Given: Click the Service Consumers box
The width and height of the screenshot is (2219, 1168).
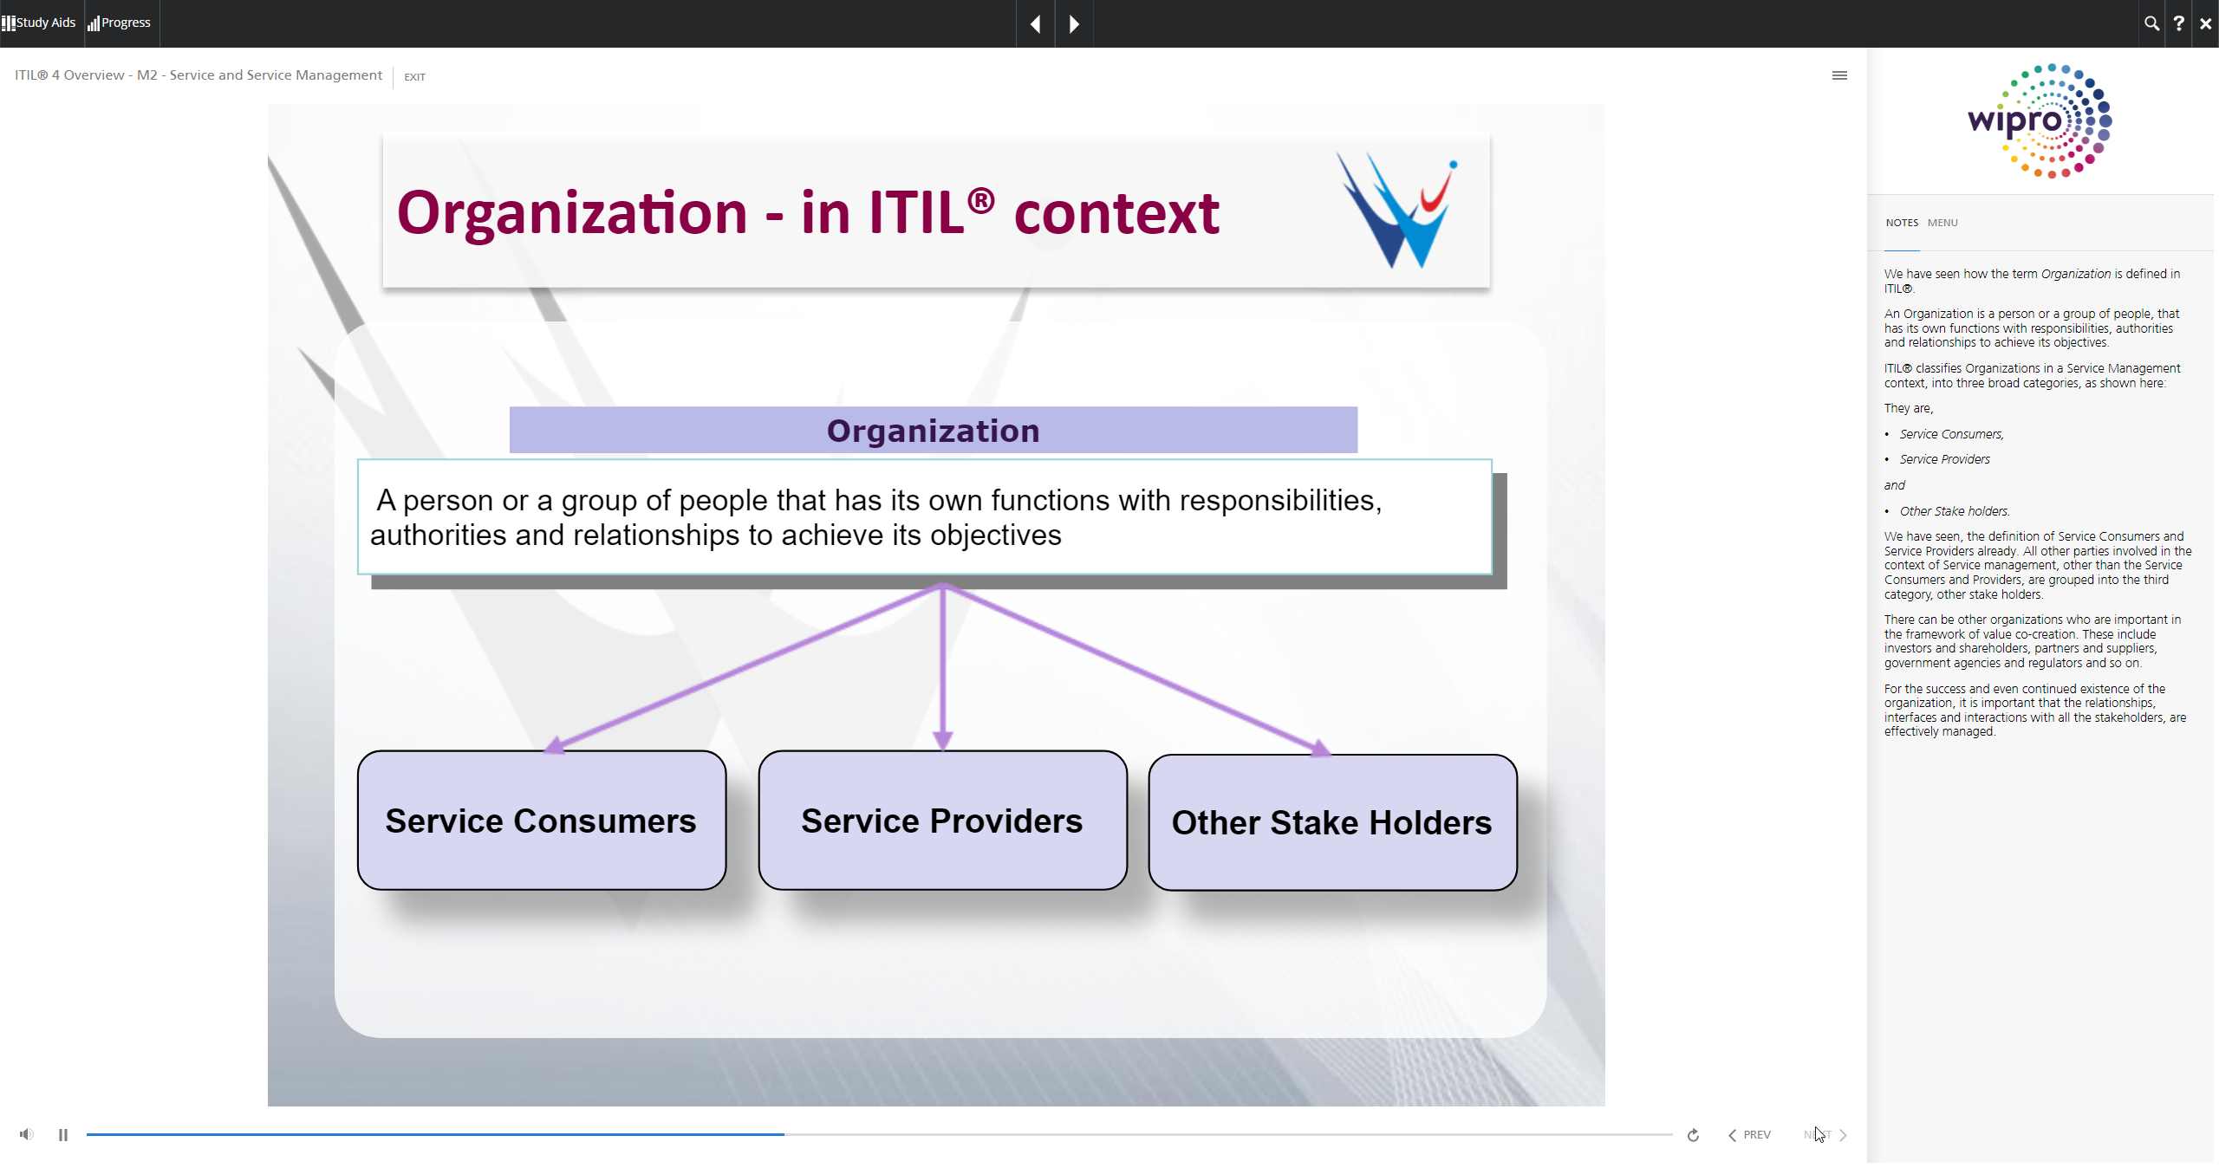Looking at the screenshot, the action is pos(542,820).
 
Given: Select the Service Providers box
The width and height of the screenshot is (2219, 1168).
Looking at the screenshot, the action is pos(942,820).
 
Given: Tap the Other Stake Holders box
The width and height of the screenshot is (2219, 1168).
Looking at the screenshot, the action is pos(1332,822).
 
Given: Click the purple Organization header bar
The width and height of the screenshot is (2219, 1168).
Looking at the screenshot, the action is pos(934,430).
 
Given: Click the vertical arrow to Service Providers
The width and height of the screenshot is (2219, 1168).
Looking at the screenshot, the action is pos(943,667).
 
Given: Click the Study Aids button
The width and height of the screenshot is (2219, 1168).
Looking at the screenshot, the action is pos(39,23).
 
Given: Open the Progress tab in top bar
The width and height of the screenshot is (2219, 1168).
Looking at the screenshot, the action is pos(120,23).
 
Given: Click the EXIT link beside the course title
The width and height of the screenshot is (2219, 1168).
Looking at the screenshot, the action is pos(415,77).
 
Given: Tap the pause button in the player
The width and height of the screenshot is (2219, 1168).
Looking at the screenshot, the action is pos(63,1135).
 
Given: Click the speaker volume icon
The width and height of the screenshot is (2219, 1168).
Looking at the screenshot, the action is pos(27,1134).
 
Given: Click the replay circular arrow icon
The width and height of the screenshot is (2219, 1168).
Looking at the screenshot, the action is pos(1693,1135).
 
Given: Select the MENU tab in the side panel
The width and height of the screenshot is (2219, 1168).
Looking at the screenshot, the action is pos(1942,223).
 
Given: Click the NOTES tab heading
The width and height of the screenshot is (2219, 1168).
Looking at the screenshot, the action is pos(1902,223).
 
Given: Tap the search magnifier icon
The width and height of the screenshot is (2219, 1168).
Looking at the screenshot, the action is pos(2151,23).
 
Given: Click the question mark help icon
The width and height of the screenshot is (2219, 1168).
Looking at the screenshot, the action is pos(2178,23).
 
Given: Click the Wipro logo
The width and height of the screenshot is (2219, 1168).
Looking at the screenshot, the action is pos(2040,121).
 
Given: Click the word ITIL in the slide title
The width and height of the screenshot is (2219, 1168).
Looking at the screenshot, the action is pos(916,213).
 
